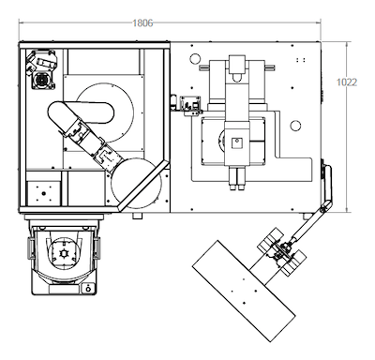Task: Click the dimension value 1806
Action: (x=142, y=23)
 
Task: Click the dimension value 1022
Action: (x=347, y=82)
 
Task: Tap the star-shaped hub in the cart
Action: (x=64, y=253)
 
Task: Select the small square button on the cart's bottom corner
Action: (x=88, y=289)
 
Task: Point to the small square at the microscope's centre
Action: (x=237, y=143)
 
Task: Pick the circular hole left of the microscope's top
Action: (x=195, y=59)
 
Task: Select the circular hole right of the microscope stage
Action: (x=295, y=126)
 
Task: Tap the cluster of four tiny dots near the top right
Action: (x=301, y=60)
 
